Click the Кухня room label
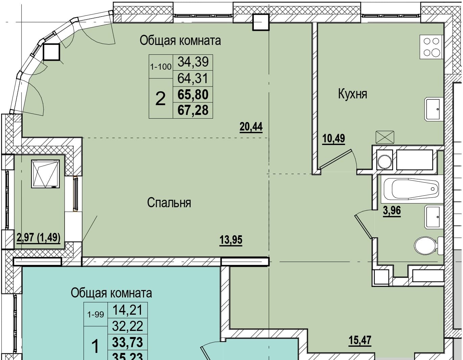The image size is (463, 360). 352,94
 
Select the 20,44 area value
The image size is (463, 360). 251,127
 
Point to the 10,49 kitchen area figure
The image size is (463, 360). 334,139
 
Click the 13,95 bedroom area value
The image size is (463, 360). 231,240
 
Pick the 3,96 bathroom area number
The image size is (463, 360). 392,211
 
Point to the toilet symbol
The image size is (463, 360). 429,245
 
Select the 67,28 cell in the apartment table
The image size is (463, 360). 193,110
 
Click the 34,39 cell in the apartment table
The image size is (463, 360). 193,62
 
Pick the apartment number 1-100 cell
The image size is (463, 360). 161,67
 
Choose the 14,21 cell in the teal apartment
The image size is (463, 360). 127,310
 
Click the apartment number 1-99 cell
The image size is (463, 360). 96,314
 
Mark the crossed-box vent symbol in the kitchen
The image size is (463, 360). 385,137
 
